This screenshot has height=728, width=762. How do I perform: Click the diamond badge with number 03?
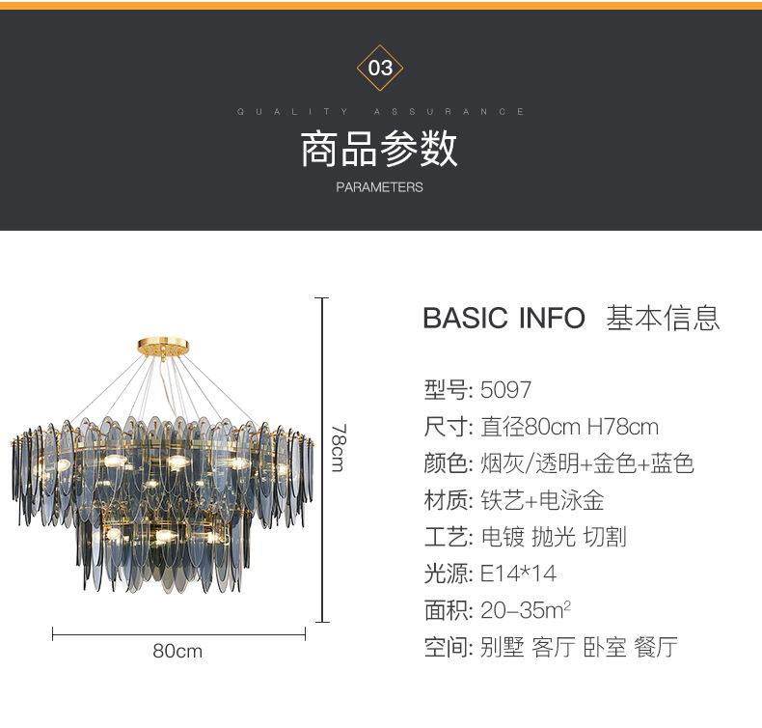(x=380, y=68)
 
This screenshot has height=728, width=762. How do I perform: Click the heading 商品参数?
(x=380, y=149)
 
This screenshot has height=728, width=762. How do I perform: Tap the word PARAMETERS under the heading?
(x=380, y=187)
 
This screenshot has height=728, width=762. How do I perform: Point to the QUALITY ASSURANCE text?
(x=380, y=112)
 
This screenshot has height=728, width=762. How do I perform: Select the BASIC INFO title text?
(x=503, y=318)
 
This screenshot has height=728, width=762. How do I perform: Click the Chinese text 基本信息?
(x=663, y=318)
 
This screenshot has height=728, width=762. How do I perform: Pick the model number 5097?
(x=506, y=390)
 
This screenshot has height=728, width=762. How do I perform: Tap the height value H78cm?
(x=622, y=427)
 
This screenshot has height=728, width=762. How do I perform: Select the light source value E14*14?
(x=519, y=574)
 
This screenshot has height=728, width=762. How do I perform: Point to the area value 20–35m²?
(x=526, y=610)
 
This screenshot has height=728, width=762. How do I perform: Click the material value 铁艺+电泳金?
(x=542, y=500)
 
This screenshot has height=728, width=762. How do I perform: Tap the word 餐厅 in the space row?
(x=656, y=647)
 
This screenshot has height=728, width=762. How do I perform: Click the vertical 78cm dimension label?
(x=338, y=448)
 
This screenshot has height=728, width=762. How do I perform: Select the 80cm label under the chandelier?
(x=177, y=652)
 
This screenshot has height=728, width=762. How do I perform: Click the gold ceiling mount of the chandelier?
(x=162, y=345)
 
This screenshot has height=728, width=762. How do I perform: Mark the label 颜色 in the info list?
(x=446, y=463)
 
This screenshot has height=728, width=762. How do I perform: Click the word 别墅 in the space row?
(x=502, y=647)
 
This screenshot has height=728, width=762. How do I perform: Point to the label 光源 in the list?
(x=446, y=574)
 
